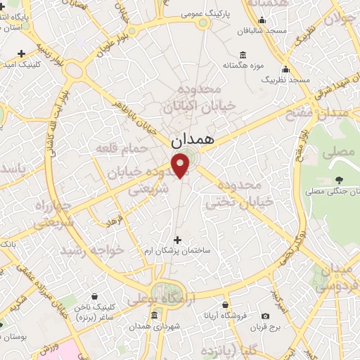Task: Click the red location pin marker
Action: pyautogui.click(x=181, y=166)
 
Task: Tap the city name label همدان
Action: pyautogui.click(x=191, y=140)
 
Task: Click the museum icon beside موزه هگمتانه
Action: pyautogui.click(x=243, y=55)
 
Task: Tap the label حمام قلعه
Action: pyautogui.click(x=131, y=148)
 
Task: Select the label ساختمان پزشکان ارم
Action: pyautogui.click(x=176, y=251)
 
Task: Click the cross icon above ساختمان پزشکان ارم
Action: pyautogui.click(x=176, y=240)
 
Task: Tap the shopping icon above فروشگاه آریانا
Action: pyautogui.click(x=225, y=305)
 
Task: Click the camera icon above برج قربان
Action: pyautogui.click(x=265, y=316)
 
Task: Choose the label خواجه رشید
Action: pyautogui.click(x=91, y=250)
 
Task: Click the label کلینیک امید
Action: pyautogui.click(x=32, y=64)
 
